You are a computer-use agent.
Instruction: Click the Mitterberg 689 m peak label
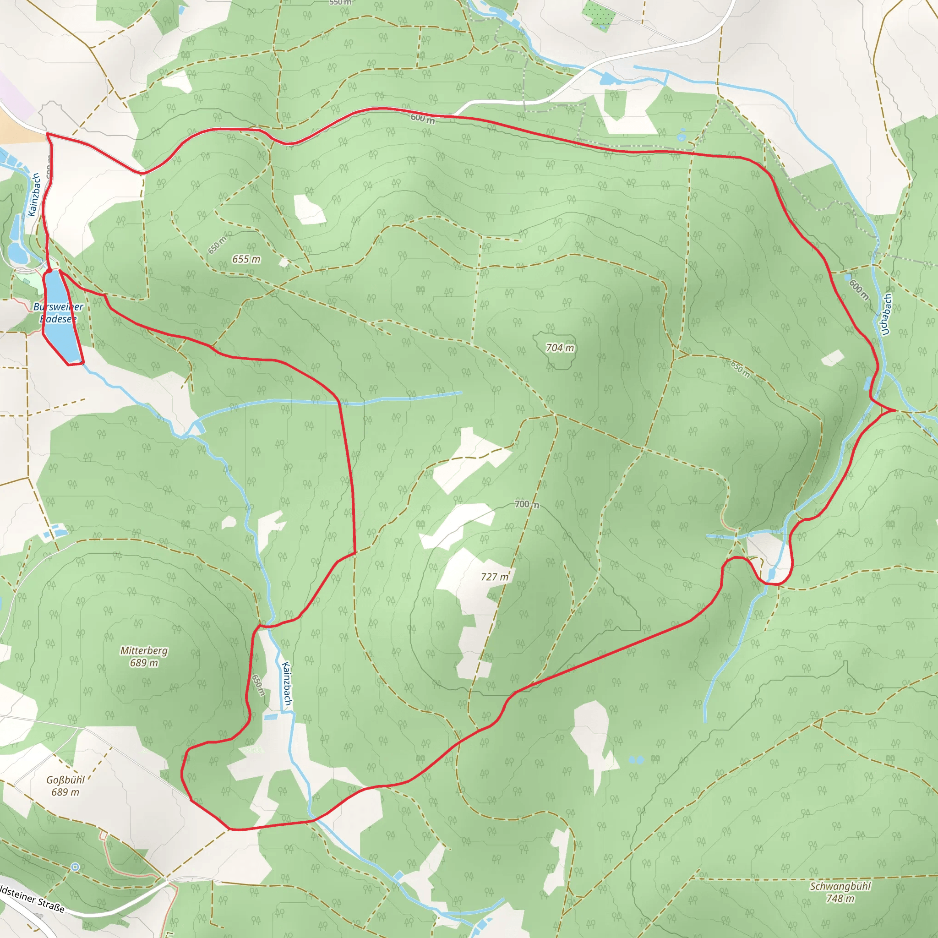[144, 656]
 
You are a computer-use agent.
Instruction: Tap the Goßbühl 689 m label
[65, 785]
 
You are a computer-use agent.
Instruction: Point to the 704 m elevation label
[560, 348]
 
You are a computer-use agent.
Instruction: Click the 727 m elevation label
[494, 577]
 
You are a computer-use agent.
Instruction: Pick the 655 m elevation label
[246, 259]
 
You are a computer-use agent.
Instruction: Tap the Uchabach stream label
[886, 315]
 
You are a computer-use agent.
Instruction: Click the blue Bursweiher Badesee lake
[59, 321]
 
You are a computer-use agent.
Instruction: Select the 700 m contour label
[527, 504]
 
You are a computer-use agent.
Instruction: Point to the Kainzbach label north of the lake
[34, 195]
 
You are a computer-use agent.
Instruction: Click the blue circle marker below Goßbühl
[75, 867]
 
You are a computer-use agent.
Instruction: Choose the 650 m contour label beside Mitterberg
[259, 685]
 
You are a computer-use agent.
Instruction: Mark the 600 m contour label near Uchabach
[859, 289]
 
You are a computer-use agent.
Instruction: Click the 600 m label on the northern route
[422, 118]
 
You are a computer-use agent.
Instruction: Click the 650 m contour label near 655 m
[217, 245]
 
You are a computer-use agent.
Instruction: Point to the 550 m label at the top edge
[340, 2]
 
